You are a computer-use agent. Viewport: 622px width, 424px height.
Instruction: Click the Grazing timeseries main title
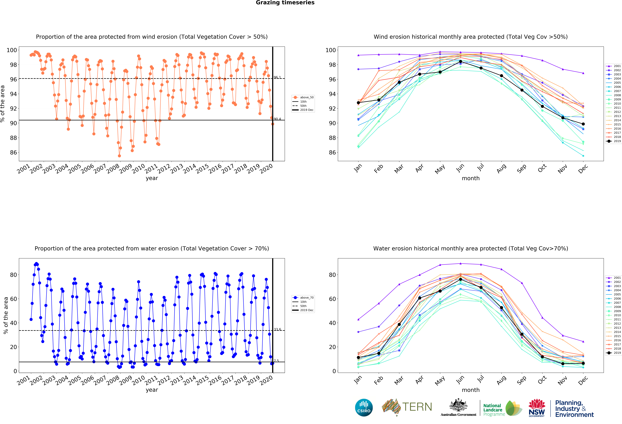click(285, 3)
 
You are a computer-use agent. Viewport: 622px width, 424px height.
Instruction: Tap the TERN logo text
click(417, 407)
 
